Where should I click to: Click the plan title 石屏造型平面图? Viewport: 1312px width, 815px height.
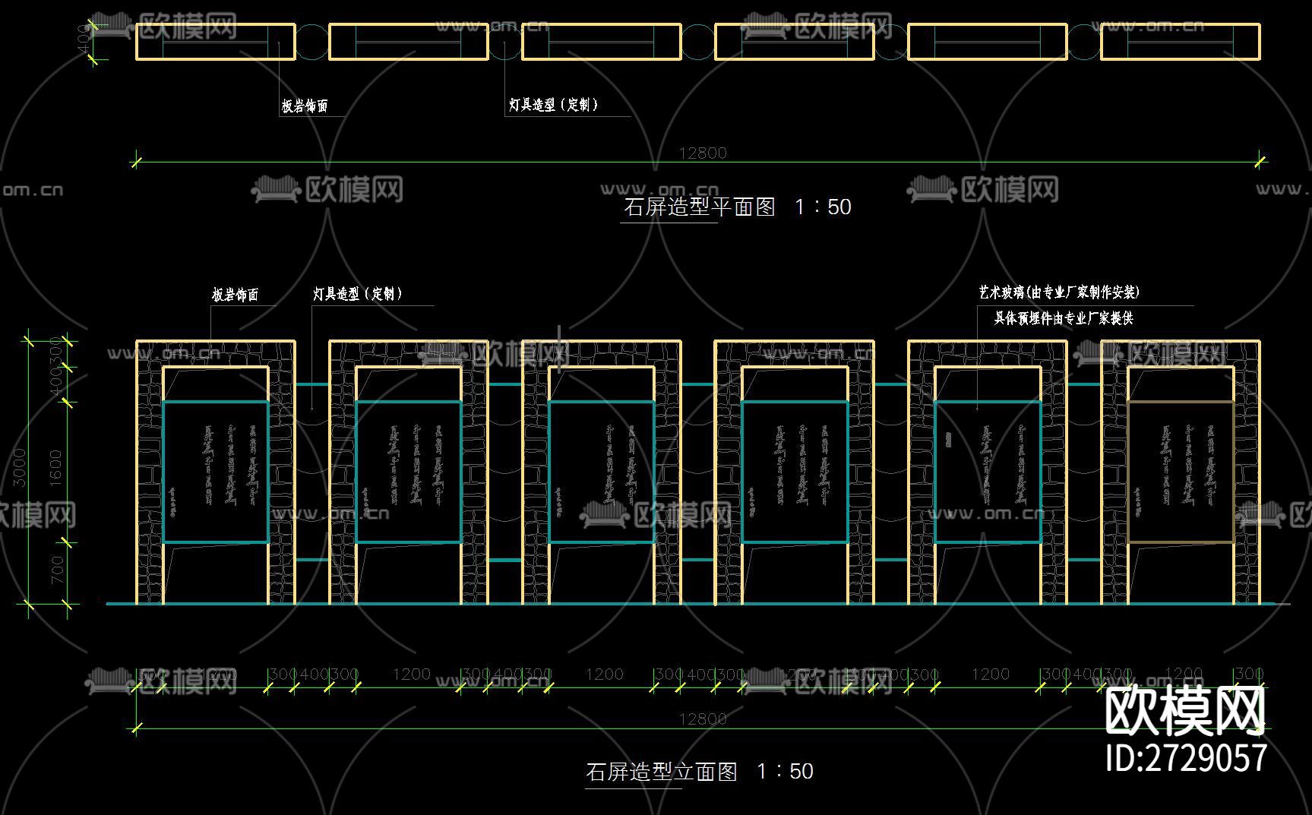[699, 207]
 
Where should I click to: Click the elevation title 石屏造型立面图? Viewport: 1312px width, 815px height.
[661, 772]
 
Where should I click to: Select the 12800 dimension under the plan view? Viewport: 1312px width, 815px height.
[703, 153]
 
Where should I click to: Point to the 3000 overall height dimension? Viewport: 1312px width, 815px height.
[21, 467]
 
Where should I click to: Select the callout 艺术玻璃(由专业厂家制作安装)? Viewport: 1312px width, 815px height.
[1059, 292]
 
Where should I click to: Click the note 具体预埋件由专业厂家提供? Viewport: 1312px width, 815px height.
[1064, 318]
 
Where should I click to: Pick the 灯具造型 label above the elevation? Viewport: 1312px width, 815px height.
[357, 294]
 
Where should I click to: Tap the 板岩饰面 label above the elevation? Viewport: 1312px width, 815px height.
[235, 295]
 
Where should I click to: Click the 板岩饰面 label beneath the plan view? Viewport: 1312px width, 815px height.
[305, 106]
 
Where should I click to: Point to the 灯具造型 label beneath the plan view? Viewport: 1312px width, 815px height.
[553, 105]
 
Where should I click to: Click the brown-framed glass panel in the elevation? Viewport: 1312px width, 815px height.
[1181, 471]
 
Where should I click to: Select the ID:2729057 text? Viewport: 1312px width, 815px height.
[1186, 758]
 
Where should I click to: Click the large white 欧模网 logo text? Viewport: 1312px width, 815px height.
[1184, 712]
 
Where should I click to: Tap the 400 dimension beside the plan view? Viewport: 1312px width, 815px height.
[84, 38]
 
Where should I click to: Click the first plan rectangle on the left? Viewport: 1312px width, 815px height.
[216, 42]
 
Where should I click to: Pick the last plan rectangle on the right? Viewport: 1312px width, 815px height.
[1181, 42]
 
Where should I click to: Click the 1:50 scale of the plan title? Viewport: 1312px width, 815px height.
[823, 207]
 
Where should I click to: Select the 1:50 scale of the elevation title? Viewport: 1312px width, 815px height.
[785, 772]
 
